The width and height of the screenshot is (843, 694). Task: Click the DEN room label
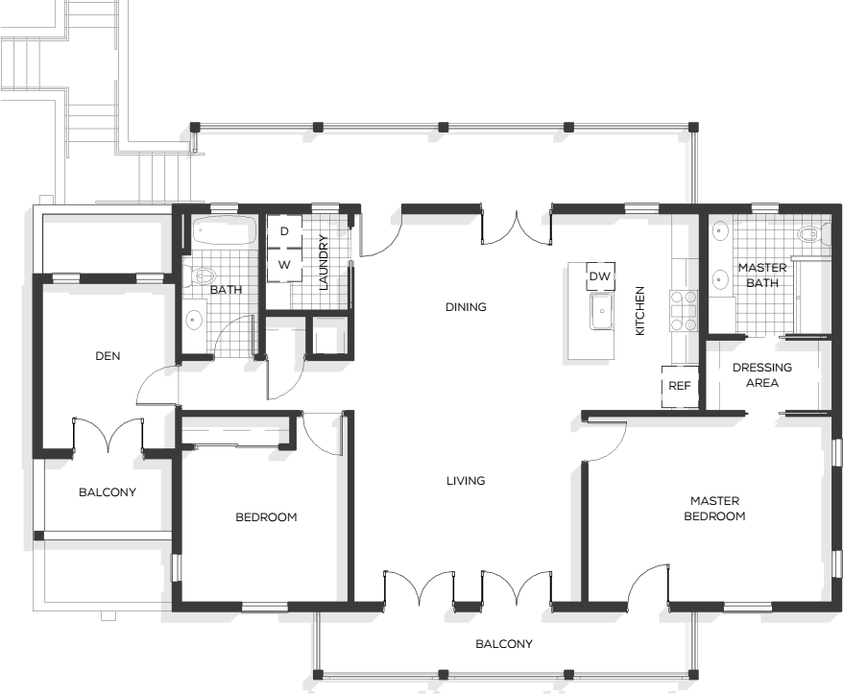coord(108,356)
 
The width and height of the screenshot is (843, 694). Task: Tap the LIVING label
coord(466,481)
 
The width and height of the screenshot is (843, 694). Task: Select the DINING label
coord(466,307)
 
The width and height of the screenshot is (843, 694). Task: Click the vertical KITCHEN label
coord(639,311)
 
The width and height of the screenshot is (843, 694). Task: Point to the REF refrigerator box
coord(680,386)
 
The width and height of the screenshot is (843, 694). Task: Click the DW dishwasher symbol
coord(600,276)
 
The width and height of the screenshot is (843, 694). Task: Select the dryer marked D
coord(284,231)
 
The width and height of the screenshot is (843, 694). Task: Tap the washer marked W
coord(284,265)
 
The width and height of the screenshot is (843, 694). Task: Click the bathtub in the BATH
coord(225,232)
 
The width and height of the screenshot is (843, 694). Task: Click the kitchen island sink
coord(602,311)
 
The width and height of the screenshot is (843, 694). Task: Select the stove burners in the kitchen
coord(684,310)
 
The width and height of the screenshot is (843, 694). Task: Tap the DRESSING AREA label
coord(761,375)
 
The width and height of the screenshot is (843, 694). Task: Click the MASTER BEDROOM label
coord(714,509)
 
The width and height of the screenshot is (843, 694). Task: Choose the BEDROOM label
coord(266,517)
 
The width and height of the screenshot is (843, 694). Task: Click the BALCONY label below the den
coord(108,492)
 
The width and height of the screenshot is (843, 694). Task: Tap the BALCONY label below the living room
coord(504,644)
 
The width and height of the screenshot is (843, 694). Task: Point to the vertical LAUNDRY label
coord(324,262)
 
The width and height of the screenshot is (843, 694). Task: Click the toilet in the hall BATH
coord(198,276)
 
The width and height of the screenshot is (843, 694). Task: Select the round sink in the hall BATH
coord(194,321)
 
